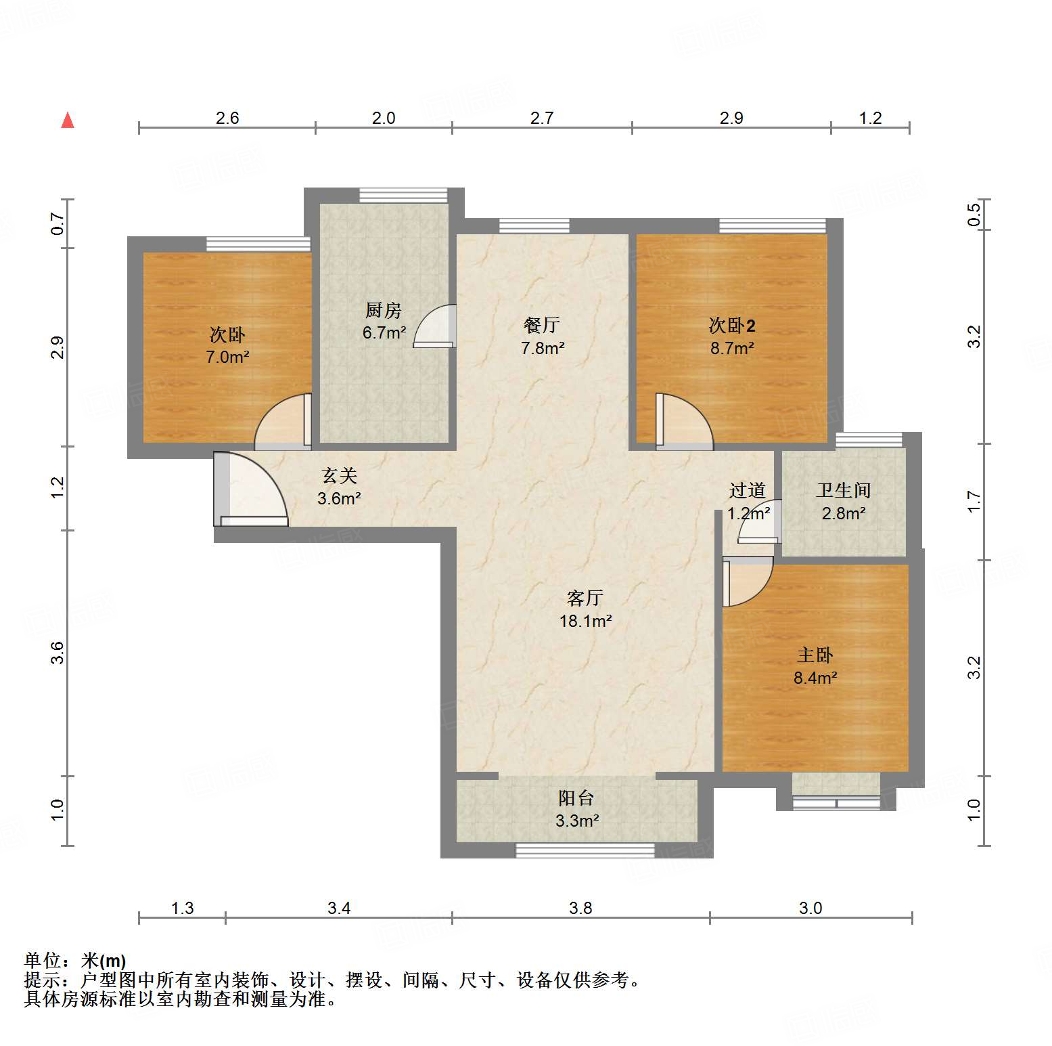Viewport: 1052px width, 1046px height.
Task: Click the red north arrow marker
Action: point(68,121)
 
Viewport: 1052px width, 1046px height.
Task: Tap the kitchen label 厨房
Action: point(384,310)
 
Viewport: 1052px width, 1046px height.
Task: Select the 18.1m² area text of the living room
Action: point(585,621)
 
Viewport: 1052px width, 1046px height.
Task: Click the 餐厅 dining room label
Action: point(542,325)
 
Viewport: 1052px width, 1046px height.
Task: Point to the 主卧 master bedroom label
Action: point(815,655)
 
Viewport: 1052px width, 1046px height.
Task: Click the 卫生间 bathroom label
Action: point(843,490)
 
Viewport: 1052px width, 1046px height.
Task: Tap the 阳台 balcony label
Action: point(576,798)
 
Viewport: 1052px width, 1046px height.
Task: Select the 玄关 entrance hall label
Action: point(340,476)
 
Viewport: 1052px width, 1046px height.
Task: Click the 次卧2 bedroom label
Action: point(732,325)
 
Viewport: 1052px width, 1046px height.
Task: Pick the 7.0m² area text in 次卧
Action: point(227,357)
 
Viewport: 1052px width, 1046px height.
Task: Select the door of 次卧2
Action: point(684,421)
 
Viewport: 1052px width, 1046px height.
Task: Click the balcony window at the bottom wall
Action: point(585,850)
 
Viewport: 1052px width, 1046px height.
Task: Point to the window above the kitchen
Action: point(403,195)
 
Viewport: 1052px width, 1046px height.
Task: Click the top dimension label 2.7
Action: point(542,118)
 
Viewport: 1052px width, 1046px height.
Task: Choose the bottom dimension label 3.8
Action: point(580,908)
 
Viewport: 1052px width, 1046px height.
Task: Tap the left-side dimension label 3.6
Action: point(58,653)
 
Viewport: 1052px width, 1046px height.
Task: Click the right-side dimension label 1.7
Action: point(974,502)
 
